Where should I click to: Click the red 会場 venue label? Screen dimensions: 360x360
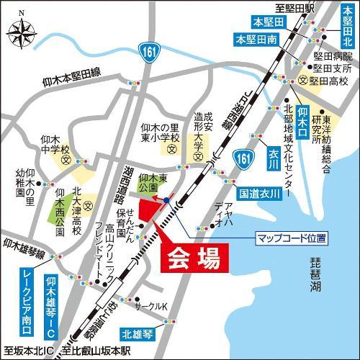click(x=189, y=259)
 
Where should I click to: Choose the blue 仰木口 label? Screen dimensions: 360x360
click(x=303, y=121)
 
